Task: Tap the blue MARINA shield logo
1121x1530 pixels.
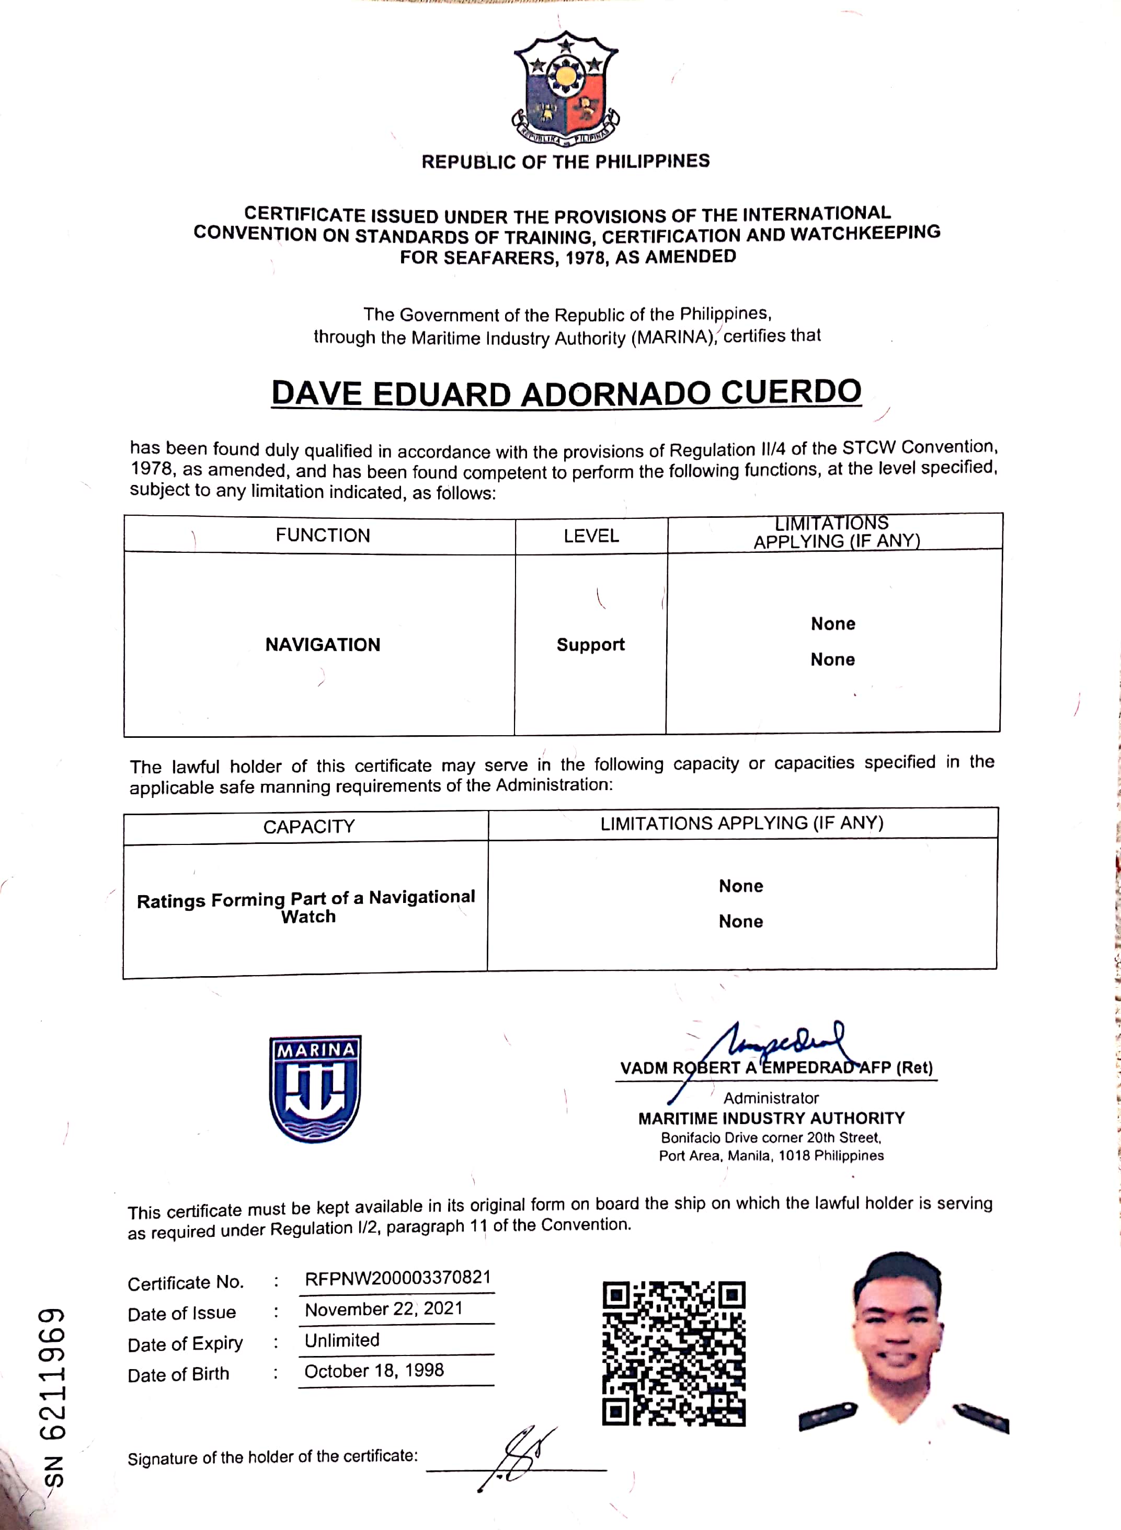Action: [x=315, y=1088]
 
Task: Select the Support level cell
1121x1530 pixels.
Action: [x=590, y=644]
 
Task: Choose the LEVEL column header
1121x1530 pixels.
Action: [x=591, y=536]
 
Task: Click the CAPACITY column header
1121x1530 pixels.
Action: [x=309, y=827]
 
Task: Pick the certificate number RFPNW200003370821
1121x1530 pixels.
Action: [x=398, y=1278]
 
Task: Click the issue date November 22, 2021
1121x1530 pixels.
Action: [x=383, y=1309]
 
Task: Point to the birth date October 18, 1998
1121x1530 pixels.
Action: [x=374, y=1371]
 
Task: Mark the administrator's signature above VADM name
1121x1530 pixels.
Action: [x=780, y=1045]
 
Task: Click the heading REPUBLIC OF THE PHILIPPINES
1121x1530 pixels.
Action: [x=565, y=161]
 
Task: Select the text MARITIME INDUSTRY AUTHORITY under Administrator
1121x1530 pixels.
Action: [x=772, y=1118]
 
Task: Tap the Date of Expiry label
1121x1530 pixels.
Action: [x=185, y=1343]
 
